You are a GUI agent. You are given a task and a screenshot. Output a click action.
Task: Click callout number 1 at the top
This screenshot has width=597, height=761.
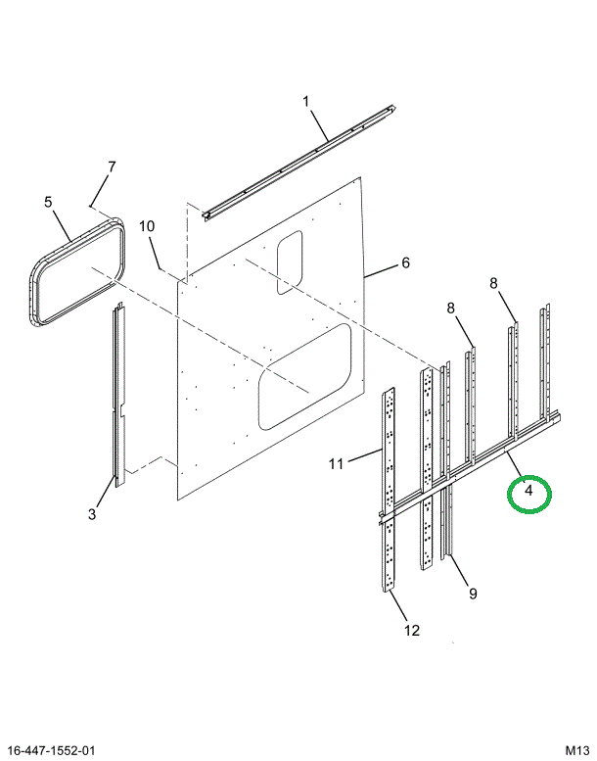coord(305,102)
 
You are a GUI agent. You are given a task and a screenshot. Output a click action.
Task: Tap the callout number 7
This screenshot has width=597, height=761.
coord(112,166)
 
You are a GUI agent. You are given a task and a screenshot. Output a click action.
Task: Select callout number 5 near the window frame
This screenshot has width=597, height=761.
coord(48,202)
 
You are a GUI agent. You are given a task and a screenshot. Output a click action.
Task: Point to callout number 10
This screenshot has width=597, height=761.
coord(147,226)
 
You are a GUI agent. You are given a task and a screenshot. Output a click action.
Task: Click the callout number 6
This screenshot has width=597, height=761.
coord(405,262)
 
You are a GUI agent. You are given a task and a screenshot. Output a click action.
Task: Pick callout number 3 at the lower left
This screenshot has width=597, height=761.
coord(92,514)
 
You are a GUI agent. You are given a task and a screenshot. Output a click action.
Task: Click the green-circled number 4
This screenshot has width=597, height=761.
coord(528,491)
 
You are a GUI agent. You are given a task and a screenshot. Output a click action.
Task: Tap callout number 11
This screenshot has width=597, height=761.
coord(336,464)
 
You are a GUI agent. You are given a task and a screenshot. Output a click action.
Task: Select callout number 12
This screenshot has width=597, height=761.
coord(411,631)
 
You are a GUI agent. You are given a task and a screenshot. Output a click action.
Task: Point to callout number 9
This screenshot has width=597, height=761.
coord(473,594)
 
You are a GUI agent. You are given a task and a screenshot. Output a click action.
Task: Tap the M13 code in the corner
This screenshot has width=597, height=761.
coord(576,750)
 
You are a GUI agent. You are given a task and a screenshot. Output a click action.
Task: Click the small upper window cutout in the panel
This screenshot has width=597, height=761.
coord(290,262)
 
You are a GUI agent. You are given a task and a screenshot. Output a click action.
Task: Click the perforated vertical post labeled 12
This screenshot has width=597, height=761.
coord(389,490)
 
